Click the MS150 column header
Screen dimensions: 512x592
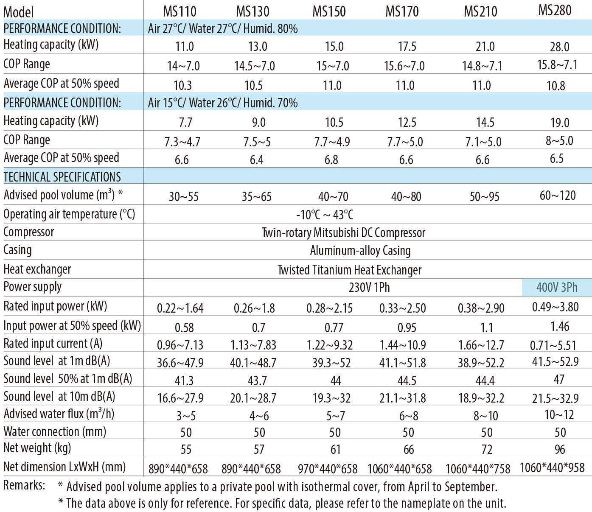[329, 11]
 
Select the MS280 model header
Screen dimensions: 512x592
[555, 10]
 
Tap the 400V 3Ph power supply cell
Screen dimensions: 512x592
[557, 288]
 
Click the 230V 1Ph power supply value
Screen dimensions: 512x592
[369, 288]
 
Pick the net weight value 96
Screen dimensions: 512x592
[560, 449]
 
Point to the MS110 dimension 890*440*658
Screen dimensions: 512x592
[178, 469]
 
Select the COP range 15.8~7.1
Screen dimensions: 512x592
[557, 64]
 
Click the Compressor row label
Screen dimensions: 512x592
[29, 232]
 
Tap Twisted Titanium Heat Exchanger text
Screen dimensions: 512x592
[350, 270]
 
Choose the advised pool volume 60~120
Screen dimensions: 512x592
[558, 195]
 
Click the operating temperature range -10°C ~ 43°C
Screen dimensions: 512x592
[325, 215]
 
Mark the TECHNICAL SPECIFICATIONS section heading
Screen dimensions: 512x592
[62, 176]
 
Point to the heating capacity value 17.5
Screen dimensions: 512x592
[407, 46]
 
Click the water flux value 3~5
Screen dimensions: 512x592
[186, 416]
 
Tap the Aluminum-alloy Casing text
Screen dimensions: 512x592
[360, 251]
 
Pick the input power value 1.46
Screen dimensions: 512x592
[559, 326]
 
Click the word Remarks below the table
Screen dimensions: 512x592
[24, 485]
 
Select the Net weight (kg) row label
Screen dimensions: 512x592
[37, 448]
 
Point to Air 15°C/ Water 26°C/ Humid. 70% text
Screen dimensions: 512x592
[223, 103]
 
